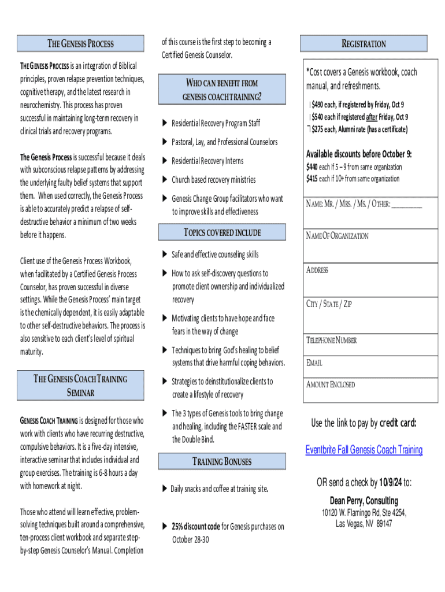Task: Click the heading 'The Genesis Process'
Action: click(x=80, y=44)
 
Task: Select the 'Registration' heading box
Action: click(x=364, y=44)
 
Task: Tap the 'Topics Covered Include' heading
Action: click(x=222, y=232)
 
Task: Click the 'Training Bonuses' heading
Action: click(x=222, y=461)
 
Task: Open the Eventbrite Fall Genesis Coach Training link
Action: click(x=364, y=450)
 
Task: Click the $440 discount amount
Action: click(x=313, y=167)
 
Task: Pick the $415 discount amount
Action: click(x=313, y=178)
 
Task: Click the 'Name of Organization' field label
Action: click(x=337, y=236)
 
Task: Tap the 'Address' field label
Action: click(x=317, y=270)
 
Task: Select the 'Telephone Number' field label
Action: click(x=331, y=340)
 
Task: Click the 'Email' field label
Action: click(x=314, y=363)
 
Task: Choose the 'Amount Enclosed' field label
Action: click(x=331, y=384)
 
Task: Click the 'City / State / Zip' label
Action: click(x=329, y=304)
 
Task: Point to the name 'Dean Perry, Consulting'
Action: click(x=364, y=500)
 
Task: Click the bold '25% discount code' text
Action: click(x=196, y=526)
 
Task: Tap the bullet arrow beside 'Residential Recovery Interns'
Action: click(x=164, y=161)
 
